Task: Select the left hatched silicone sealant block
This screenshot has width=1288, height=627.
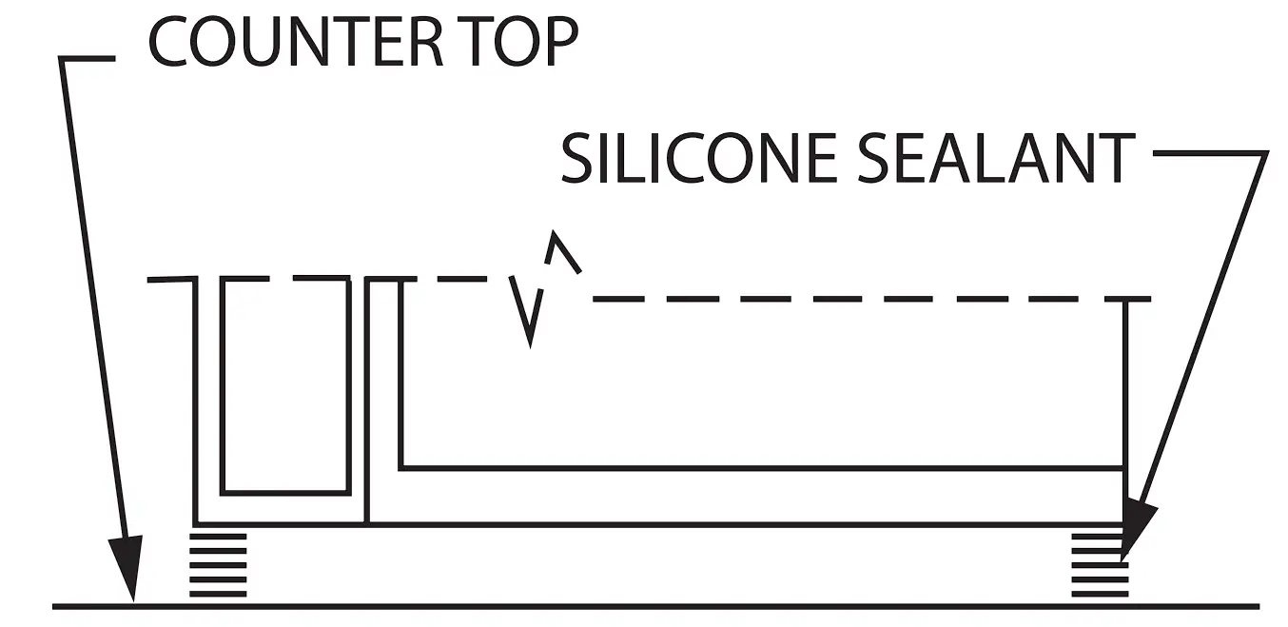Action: click(x=219, y=564)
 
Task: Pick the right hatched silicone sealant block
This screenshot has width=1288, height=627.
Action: click(x=1100, y=565)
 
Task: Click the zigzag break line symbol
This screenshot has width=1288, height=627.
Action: click(x=542, y=285)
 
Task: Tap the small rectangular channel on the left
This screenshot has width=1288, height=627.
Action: click(x=285, y=385)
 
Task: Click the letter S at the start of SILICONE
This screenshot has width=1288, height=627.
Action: click(x=577, y=158)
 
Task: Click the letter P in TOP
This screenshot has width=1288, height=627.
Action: click(x=559, y=43)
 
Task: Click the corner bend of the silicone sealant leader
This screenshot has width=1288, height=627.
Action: click(x=1265, y=153)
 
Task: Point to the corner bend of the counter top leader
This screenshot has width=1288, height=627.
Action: click(x=63, y=59)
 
